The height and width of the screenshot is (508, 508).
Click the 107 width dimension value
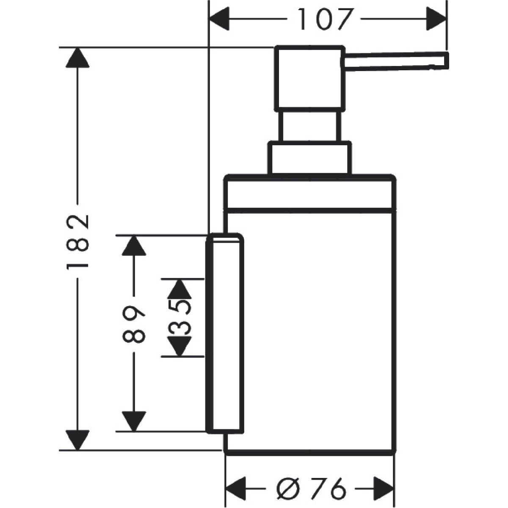pyautogui.click(x=325, y=20)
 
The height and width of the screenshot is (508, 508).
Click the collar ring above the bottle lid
pyautogui.click(x=309, y=158)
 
